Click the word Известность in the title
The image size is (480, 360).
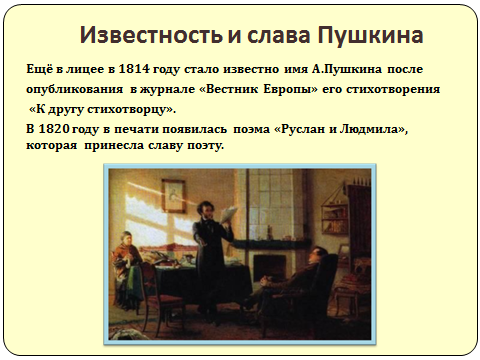click(151, 35)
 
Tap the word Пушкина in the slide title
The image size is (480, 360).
click(370, 35)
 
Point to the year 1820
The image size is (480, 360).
click(54, 129)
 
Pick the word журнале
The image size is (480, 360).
click(167, 89)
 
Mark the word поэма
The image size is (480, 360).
click(251, 129)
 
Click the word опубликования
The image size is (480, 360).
click(74, 90)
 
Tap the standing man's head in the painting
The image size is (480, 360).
click(206, 210)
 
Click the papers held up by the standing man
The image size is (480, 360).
click(228, 214)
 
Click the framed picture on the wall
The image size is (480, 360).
click(173, 195)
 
